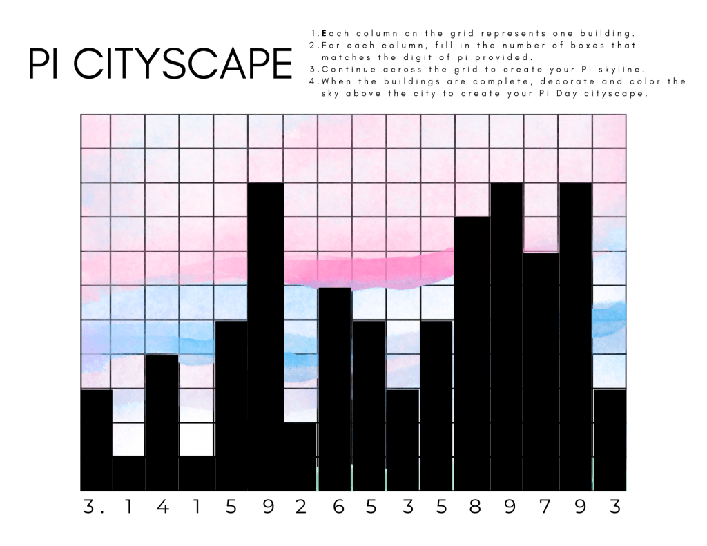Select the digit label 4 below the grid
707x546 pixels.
(x=162, y=507)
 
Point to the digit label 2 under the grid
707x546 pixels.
(x=300, y=507)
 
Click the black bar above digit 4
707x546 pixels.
(x=162, y=422)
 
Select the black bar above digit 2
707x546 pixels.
(x=300, y=456)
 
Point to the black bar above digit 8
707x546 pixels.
(x=472, y=353)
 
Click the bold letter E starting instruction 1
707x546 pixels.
(x=323, y=33)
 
